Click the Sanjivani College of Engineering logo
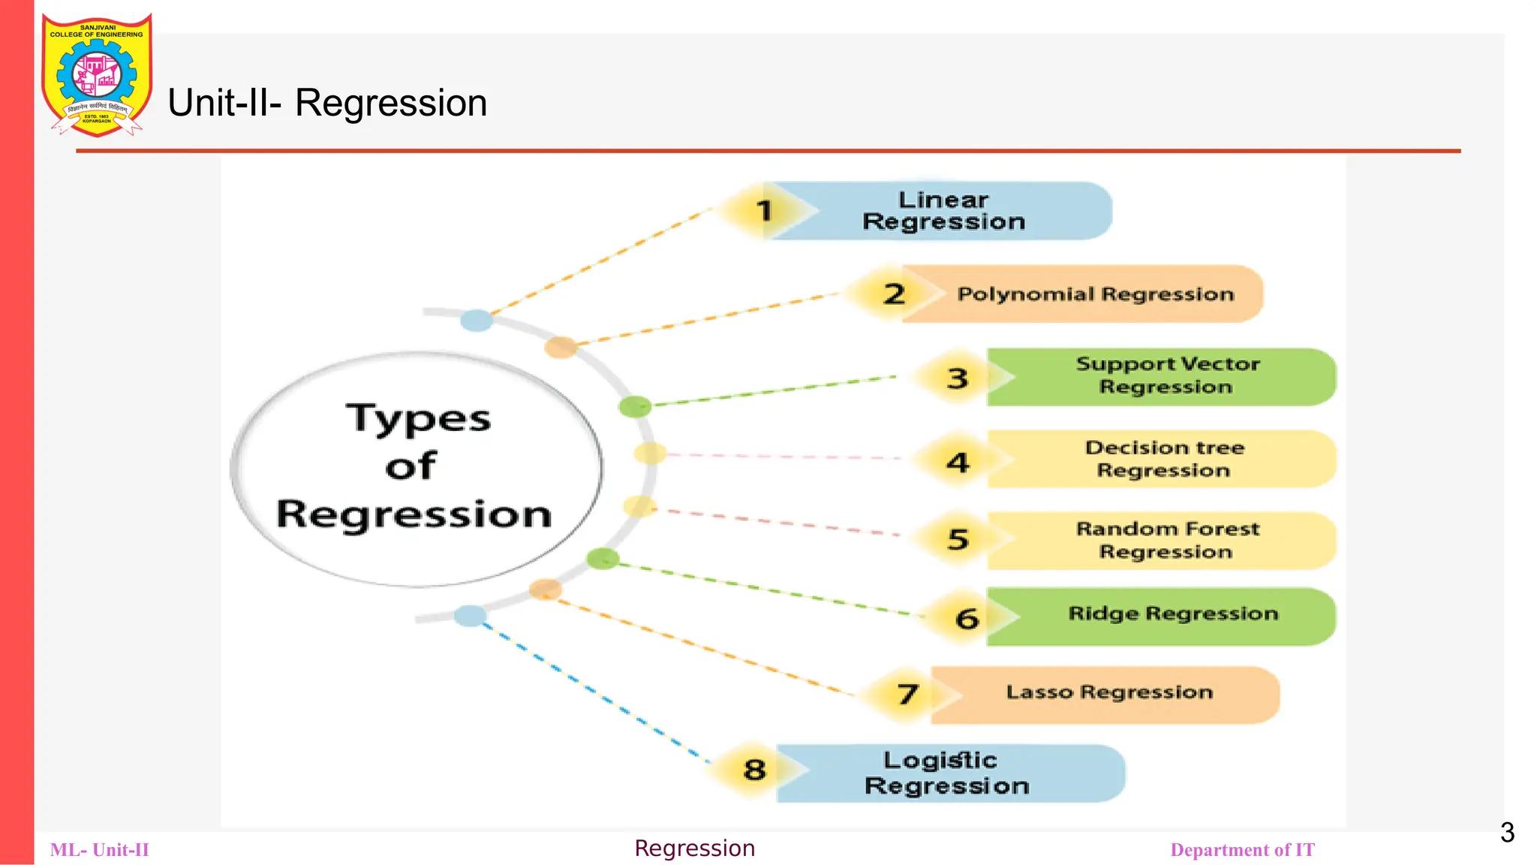[97, 75]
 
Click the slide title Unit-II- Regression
[327, 103]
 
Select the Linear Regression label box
[943, 211]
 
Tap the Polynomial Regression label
[1095, 294]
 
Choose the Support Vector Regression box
[1166, 376]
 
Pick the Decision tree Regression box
[1164, 459]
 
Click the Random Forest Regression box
[1167, 541]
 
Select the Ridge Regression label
[1172, 615]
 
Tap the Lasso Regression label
[1109, 693]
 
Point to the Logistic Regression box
[946, 773]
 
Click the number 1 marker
[764, 211]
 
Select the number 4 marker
[958, 462]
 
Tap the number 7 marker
[907, 694]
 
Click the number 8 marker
[754, 770]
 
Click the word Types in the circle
[418, 419]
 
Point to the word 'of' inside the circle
[411, 466]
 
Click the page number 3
[1507, 833]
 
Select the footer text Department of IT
[1242, 850]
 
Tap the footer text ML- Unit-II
[100, 850]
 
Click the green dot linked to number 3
[635, 407]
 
